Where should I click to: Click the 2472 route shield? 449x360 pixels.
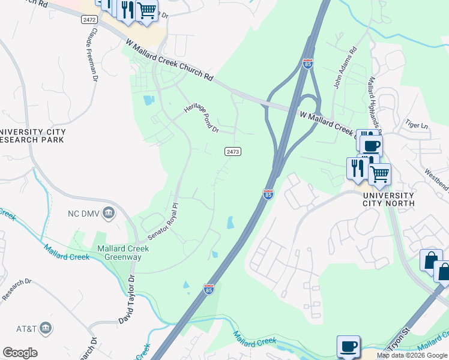(88, 20)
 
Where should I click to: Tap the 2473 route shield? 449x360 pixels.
(233, 152)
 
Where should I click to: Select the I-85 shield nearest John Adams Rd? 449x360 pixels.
(308, 64)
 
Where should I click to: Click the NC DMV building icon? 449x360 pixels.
(108, 212)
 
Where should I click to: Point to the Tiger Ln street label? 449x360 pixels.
(417, 125)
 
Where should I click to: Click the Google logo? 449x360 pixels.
(20, 353)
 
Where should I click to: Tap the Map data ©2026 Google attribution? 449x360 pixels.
(412, 355)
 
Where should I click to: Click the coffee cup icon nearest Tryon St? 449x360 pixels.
(348, 346)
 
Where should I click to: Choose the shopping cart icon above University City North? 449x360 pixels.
(379, 174)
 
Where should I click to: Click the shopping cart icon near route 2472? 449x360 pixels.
(146, 10)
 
